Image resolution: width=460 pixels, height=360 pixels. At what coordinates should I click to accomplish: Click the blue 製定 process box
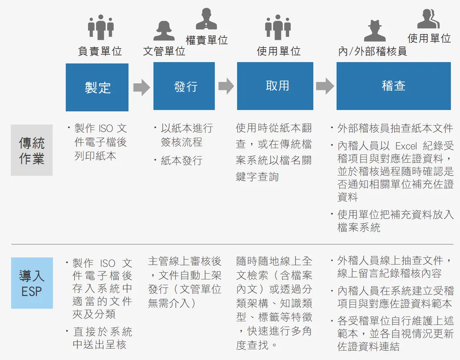tap(97, 87)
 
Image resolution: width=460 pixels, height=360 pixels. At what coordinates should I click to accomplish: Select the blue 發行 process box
tap(184, 86)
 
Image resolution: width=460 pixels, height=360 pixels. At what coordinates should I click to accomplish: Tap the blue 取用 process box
tap(275, 86)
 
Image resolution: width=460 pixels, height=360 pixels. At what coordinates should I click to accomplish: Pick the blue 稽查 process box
tap(394, 86)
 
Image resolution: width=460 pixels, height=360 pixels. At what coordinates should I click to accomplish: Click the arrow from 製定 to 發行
tap(142, 87)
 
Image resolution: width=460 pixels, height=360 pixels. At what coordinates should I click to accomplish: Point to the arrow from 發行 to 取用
tap(226, 86)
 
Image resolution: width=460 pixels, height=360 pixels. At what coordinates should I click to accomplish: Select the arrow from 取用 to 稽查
tap(325, 86)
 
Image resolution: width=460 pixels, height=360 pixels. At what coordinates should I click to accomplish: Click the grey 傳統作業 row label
tap(31, 150)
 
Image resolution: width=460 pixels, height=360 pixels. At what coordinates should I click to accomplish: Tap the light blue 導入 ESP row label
tap(32, 283)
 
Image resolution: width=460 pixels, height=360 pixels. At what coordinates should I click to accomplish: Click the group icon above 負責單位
tap(101, 27)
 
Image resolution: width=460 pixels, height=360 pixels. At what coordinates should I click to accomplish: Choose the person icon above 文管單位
tap(164, 31)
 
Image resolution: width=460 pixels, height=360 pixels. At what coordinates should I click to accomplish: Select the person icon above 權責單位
tap(206, 18)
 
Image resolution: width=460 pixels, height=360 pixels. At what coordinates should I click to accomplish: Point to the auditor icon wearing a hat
tap(375, 31)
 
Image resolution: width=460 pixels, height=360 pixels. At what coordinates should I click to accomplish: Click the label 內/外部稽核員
tap(372, 51)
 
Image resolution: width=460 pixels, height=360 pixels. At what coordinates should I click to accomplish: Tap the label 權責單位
tap(207, 40)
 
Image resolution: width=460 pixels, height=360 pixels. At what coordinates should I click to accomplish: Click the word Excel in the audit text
tap(406, 146)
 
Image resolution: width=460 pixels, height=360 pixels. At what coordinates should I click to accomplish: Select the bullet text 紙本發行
tap(182, 161)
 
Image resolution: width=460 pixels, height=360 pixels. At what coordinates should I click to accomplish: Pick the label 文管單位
tap(164, 51)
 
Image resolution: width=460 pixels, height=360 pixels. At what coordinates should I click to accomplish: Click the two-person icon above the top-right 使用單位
tap(429, 18)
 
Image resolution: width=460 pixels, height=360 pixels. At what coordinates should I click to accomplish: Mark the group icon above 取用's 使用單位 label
tap(278, 27)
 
